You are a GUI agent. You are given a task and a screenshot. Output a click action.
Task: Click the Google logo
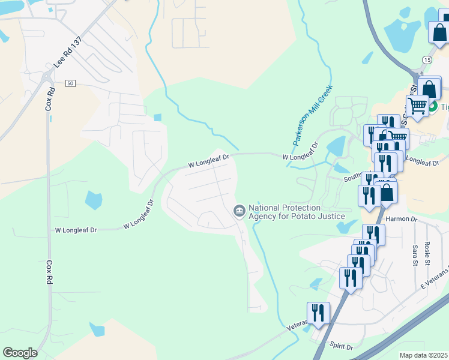point(20,353)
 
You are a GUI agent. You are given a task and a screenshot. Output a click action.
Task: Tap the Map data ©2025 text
point(424,355)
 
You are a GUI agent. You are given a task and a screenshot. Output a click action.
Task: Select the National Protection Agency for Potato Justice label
point(297,212)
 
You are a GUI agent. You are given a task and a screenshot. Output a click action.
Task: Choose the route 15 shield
point(426,60)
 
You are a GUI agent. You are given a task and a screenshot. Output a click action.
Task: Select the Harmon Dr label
point(401,220)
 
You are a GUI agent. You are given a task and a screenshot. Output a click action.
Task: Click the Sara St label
point(415,254)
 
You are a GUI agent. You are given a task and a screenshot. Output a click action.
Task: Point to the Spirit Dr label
point(340,347)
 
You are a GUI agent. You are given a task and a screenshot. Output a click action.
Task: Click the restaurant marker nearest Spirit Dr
point(318,313)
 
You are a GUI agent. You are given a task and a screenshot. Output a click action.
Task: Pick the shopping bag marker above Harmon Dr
point(387,193)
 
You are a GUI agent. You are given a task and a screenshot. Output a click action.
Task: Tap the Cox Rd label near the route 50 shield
point(50,100)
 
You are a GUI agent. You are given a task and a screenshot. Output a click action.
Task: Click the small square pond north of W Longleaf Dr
point(157,118)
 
